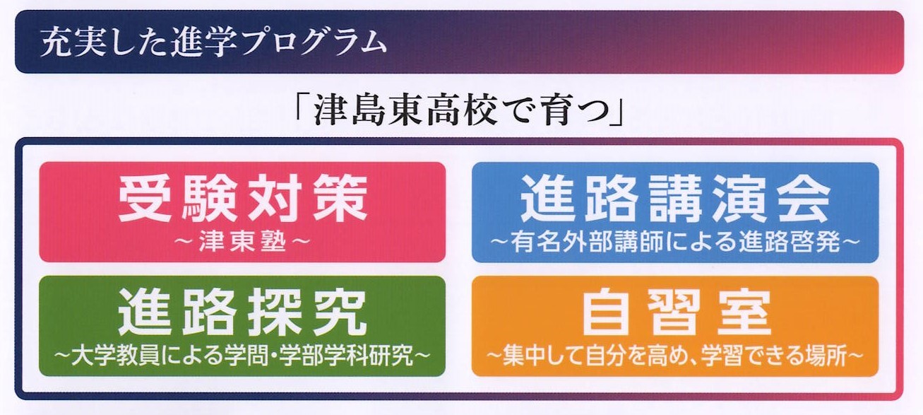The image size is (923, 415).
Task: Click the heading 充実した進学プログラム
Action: (213, 42)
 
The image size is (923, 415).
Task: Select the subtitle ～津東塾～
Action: (242, 241)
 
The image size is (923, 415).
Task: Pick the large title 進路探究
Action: (242, 312)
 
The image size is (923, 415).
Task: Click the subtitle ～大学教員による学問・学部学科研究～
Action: (242, 355)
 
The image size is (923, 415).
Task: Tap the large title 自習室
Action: (676, 312)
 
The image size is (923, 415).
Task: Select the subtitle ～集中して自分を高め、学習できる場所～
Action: (675, 355)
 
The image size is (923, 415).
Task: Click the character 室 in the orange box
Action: (744, 312)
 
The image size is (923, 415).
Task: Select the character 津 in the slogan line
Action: (331, 112)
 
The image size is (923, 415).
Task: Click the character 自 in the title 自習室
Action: (606, 312)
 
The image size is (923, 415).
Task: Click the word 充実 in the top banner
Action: (73, 42)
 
